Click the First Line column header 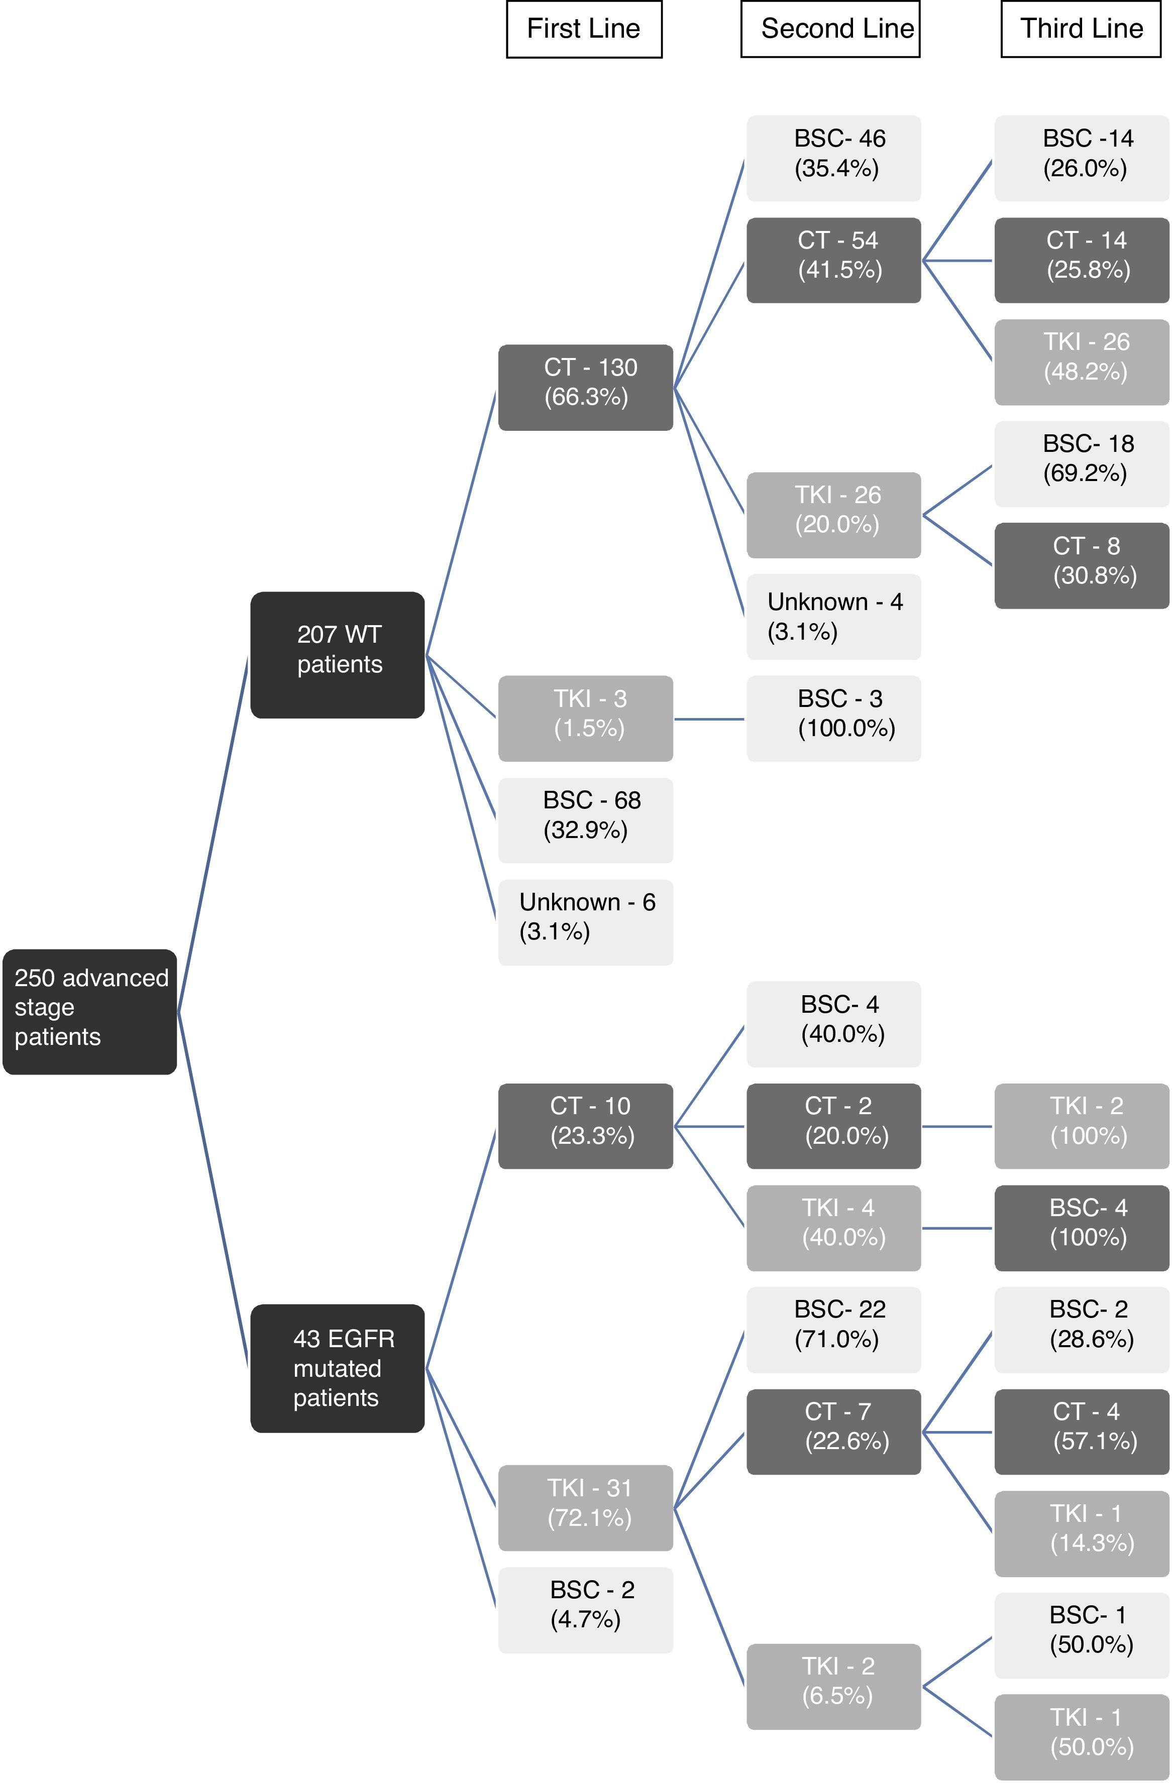tap(584, 29)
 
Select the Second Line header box tap(829, 29)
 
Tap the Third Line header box tap(1081, 29)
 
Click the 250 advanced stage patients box tap(90, 1011)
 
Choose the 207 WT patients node tap(337, 655)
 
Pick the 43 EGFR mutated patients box tap(337, 1368)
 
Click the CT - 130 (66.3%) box tap(585, 387)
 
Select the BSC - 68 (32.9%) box tap(585, 820)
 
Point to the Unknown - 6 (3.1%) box tap(585, 922)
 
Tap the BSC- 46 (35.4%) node tap(833, 158)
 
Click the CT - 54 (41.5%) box tap(833, 260)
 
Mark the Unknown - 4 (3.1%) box tap(833, 617)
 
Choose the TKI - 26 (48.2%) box tap(1082, 362)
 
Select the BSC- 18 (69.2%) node tap(1082, 464)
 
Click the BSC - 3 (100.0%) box tap(833, 719)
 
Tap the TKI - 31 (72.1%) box tap(585, 1507)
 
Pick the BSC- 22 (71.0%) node tap(833, 1330)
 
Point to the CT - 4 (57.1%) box tap(1082, 1432)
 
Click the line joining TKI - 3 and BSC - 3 tap(709, 719)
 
